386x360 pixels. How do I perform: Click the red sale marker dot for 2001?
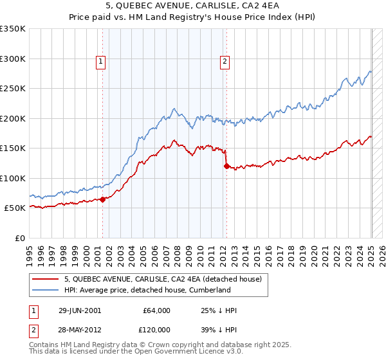pos(102,199)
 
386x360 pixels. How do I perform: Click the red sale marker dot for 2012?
pos(226,166)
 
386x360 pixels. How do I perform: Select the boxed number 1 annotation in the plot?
pos(102,62)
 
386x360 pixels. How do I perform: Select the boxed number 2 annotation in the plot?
pos(225,62)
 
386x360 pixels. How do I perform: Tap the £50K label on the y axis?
pos(15,208)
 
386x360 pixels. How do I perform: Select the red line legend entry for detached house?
pos(162,280)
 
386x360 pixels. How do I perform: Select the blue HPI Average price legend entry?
pos(147,291)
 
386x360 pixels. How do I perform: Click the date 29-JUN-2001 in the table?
pos(80,310)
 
